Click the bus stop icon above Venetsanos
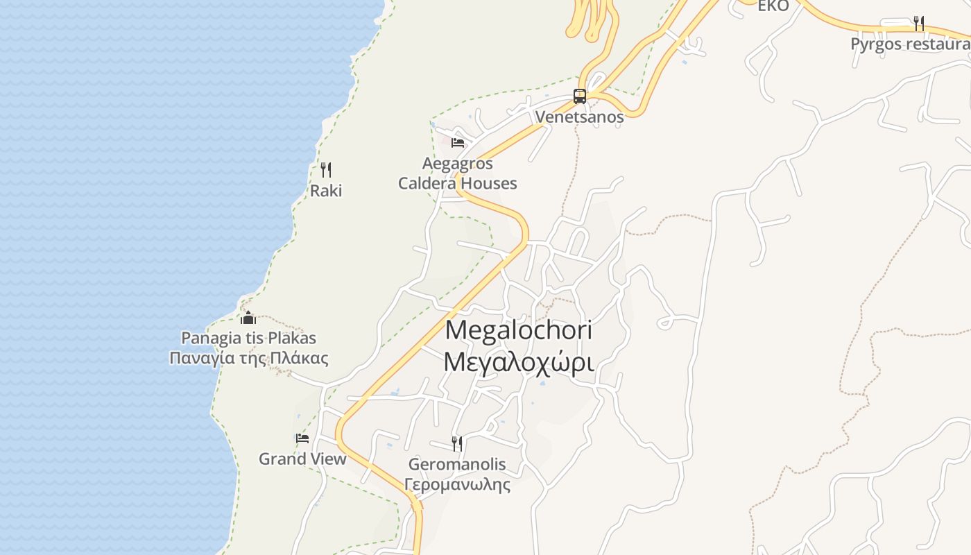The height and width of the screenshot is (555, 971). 580,96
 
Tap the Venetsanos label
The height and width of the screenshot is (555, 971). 579,117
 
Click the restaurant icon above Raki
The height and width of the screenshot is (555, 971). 326,169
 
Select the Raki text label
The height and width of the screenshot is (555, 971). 326,190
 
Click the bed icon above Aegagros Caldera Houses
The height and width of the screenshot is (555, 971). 458,143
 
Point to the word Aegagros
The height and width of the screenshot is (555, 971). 458,164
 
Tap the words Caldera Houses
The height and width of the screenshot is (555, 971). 458,183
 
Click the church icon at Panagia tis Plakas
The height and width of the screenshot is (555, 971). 248,318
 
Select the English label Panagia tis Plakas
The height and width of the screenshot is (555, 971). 248,338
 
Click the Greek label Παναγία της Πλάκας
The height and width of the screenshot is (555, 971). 248,358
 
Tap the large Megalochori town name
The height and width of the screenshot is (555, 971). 519,330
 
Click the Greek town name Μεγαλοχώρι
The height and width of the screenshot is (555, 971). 519,361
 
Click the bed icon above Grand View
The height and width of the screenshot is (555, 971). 302,438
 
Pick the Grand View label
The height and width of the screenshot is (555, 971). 302,459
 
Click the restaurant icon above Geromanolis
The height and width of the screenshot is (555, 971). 457,443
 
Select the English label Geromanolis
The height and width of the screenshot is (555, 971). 457,464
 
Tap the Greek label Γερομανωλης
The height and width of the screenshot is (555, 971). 457,484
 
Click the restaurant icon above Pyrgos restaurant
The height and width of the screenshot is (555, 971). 919,24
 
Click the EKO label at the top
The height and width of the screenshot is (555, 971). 773,6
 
